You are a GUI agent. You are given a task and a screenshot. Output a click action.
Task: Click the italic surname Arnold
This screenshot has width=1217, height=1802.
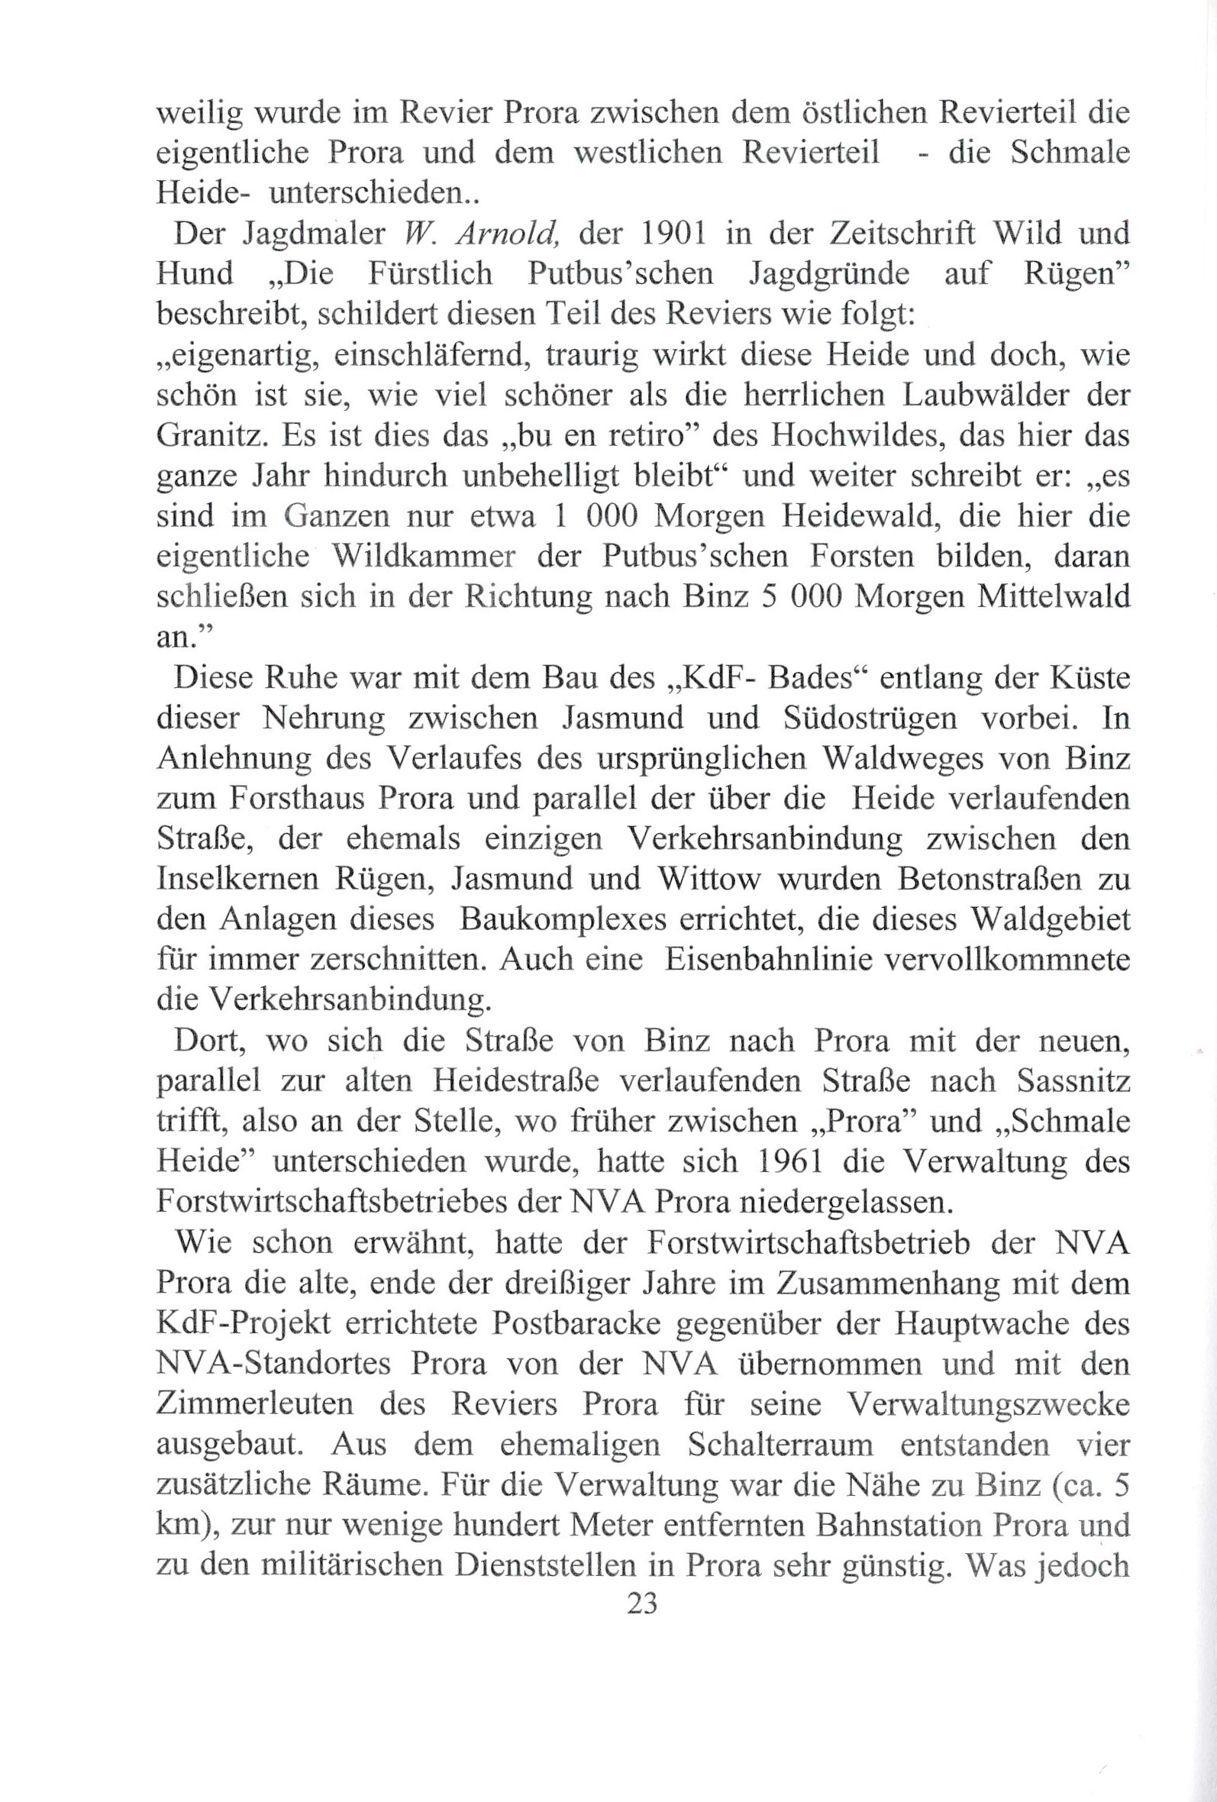[x=518, y=234]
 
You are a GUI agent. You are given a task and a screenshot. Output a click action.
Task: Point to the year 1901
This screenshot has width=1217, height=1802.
[x=659, y=234]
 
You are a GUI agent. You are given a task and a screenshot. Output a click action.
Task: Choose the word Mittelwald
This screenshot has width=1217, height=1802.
[x=1055, y=597]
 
